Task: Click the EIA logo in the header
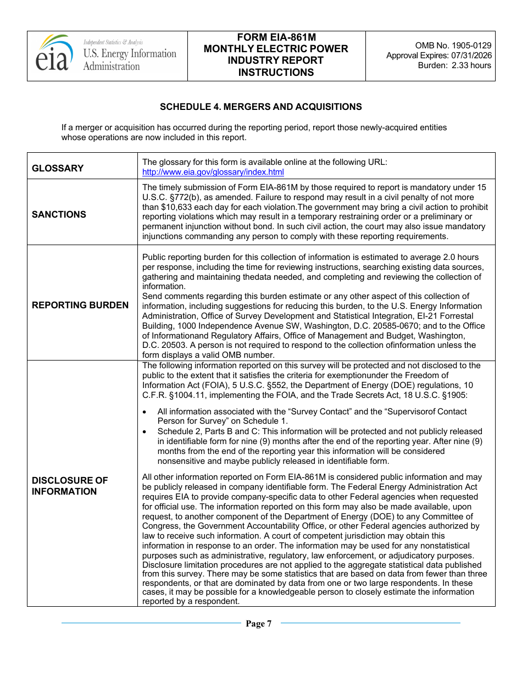coord(54,53)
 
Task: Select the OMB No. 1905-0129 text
coord(453,46)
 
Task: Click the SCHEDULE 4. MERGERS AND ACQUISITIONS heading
coord(261,107)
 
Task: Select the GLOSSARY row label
coord(58,168)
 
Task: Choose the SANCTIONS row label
coord(59,214)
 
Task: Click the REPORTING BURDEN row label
coord(80,305)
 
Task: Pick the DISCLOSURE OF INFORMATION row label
coord(70,486)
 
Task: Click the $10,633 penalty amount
coord(164,207)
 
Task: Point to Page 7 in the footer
coord(259,623)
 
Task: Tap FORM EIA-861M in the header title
coord(276,37)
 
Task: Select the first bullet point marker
coord(145,412)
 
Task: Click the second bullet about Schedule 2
coord(319,446)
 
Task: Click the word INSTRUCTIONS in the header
coord(276,73)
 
